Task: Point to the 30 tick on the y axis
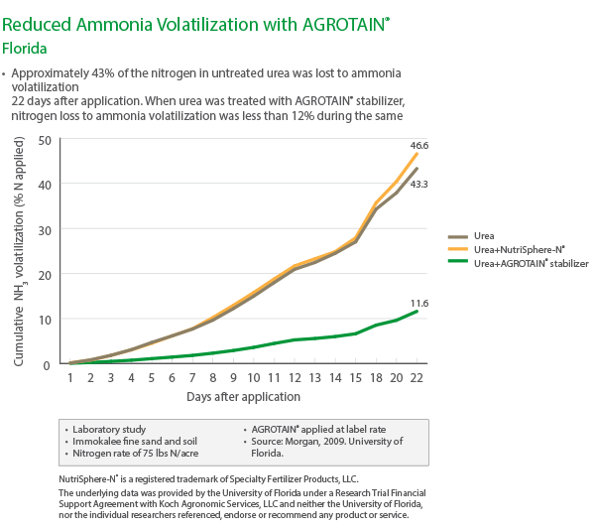point(45,229)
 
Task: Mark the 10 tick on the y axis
point(45,319)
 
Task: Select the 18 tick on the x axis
point(377,378)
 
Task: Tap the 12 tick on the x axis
point(295,378)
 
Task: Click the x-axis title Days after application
point(243,397)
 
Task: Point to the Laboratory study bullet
point(107,431)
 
